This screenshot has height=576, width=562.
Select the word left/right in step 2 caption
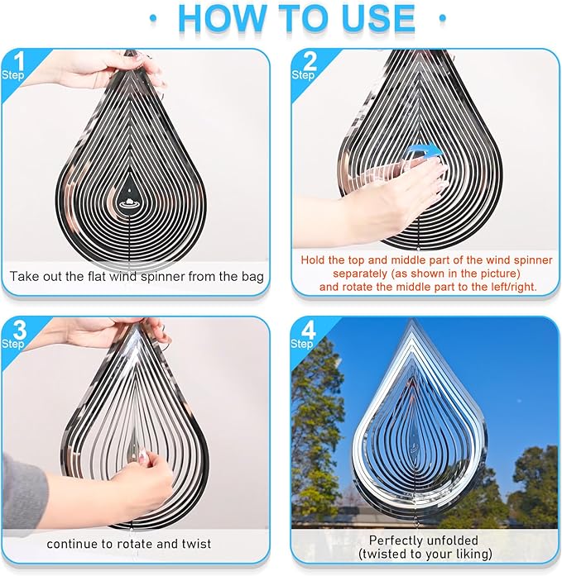[507, 287]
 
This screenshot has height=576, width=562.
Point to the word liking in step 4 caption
[469, 553]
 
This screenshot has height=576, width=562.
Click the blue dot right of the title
[443, 17]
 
